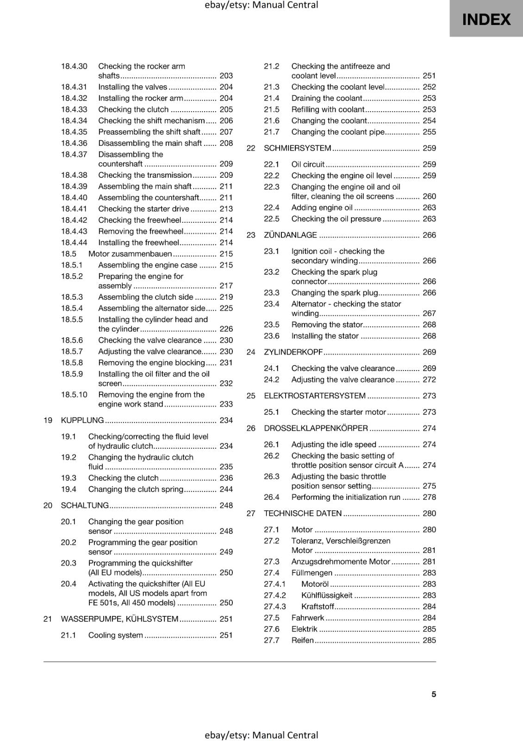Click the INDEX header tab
tap(486, 19)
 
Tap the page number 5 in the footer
tap(434, 694)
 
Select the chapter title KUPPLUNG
tap(82, 420)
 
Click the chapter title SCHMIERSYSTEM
tap(297, 148)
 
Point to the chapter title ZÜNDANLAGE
tap(290, 235)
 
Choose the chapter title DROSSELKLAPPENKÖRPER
tap(316, 428)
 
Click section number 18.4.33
tap(74, 109)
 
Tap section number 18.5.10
tap(74, 395)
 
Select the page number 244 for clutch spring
tap(226, 489)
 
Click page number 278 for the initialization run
tap(429, 497)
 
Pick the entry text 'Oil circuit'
tap(308, 164)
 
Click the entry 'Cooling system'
tap(116, 635)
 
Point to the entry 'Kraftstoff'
tap(318, 606)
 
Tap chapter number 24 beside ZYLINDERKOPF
tap(251, 352)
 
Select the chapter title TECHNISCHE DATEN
tap(303, 513)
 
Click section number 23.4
tap(272, 304)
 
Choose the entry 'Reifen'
tap(302, 640)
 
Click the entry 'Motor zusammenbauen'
tap(130, 254)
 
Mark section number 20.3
tap(68, 563)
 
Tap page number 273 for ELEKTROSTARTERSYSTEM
tap(429, 396)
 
